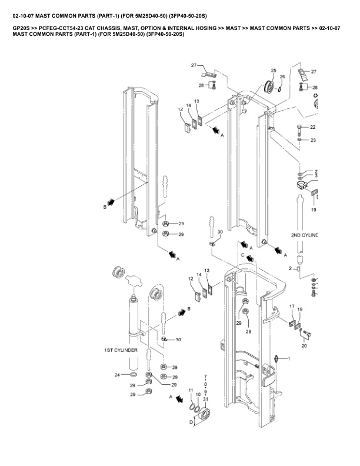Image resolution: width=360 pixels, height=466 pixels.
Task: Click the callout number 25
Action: (x=274, y=71)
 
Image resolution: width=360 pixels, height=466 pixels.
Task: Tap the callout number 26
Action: (x=282, y=76)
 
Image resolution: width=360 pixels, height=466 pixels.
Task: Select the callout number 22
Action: (x=313, y=127)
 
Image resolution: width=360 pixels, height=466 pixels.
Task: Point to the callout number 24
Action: (x=117, y=375)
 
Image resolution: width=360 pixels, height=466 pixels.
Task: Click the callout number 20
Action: (x=304, y=345)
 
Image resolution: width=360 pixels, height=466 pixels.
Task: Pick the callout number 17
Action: (x=292, y=307)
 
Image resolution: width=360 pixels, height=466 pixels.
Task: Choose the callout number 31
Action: (x=205, y=400)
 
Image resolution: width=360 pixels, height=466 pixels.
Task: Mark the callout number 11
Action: (x=191, y=390)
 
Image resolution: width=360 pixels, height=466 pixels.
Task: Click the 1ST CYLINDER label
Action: (x=121, y=350)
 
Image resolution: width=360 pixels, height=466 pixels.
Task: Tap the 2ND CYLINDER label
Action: (x=305, y=235)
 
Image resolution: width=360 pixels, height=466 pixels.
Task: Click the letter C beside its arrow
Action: (x=243, y=255)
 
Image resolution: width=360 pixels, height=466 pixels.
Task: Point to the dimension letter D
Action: (x=191, y=422)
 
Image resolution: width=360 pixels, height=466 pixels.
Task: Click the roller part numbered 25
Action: (x=269, y=86)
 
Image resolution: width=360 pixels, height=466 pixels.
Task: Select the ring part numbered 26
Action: (x=280, y=89)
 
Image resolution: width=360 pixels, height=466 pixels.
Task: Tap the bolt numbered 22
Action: (x=299, y=130)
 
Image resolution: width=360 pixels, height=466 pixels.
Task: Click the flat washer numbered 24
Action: (x=134, y=374)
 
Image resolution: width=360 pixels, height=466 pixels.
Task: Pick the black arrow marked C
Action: (x=250, y=258)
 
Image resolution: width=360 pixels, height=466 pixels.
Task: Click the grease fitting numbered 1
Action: (x=276, y=358)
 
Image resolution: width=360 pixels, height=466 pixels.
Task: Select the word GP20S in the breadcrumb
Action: (x=21, y=28)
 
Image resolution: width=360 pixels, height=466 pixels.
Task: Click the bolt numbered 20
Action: (x=307, y=334)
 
